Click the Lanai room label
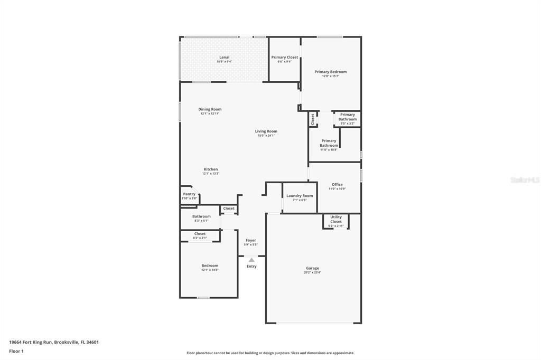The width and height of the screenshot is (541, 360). pos(224,57)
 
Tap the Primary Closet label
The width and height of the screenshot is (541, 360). pos(284,57)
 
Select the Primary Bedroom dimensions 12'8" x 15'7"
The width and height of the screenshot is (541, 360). pos(330,76)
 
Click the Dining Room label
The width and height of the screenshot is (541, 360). pos(210,109)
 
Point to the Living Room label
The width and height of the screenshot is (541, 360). pos(266,131)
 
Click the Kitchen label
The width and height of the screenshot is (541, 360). pos(210,169)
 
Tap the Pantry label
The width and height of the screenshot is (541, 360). pos(189,194)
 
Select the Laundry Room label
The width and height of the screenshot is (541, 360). pos(300,196)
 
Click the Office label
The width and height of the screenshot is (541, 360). pos(337,185)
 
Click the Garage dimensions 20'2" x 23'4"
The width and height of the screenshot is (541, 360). pos(312,272)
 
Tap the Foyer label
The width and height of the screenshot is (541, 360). pos(251,240)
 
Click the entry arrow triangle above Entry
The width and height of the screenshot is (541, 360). pos(251,260)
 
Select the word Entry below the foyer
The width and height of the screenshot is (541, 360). pos(251,266)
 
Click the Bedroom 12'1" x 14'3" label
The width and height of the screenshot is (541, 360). pos(209,266)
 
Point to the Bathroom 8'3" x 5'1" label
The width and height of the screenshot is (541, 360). pos(201,216)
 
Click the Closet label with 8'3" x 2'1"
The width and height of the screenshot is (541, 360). pos(200,234)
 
